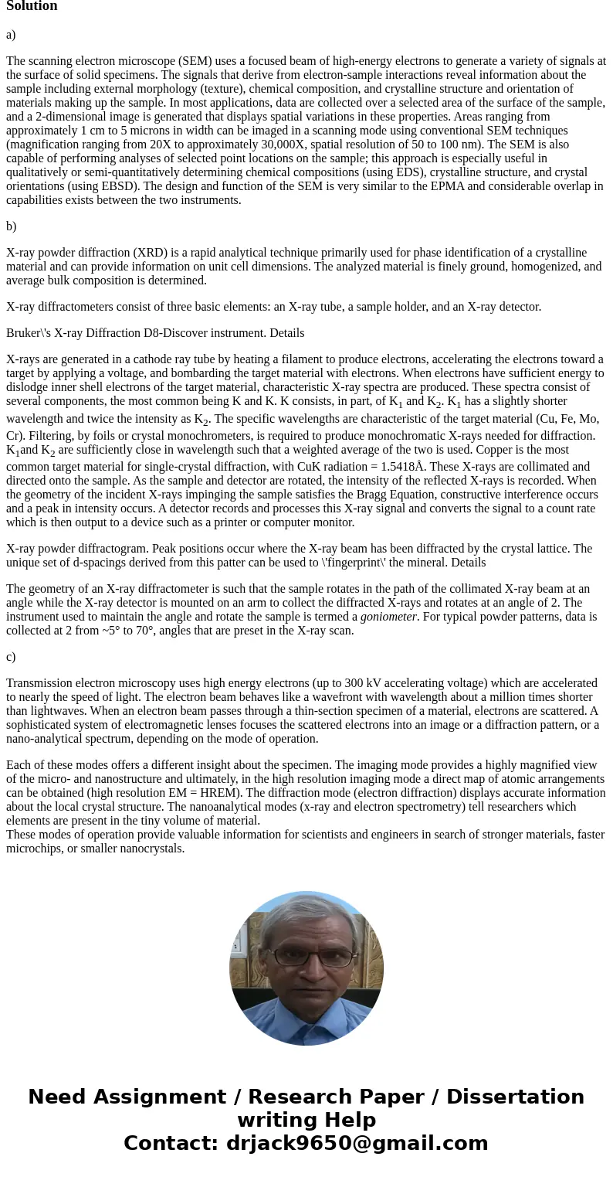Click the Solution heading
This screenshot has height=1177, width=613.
(x=32, y=6)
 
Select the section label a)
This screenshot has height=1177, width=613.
(x=11, y=35)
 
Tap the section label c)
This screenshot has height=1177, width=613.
(x=11, y=657)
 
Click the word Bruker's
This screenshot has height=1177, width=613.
(x=29, y=333)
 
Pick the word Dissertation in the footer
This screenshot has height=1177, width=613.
(x=515, y=1097)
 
